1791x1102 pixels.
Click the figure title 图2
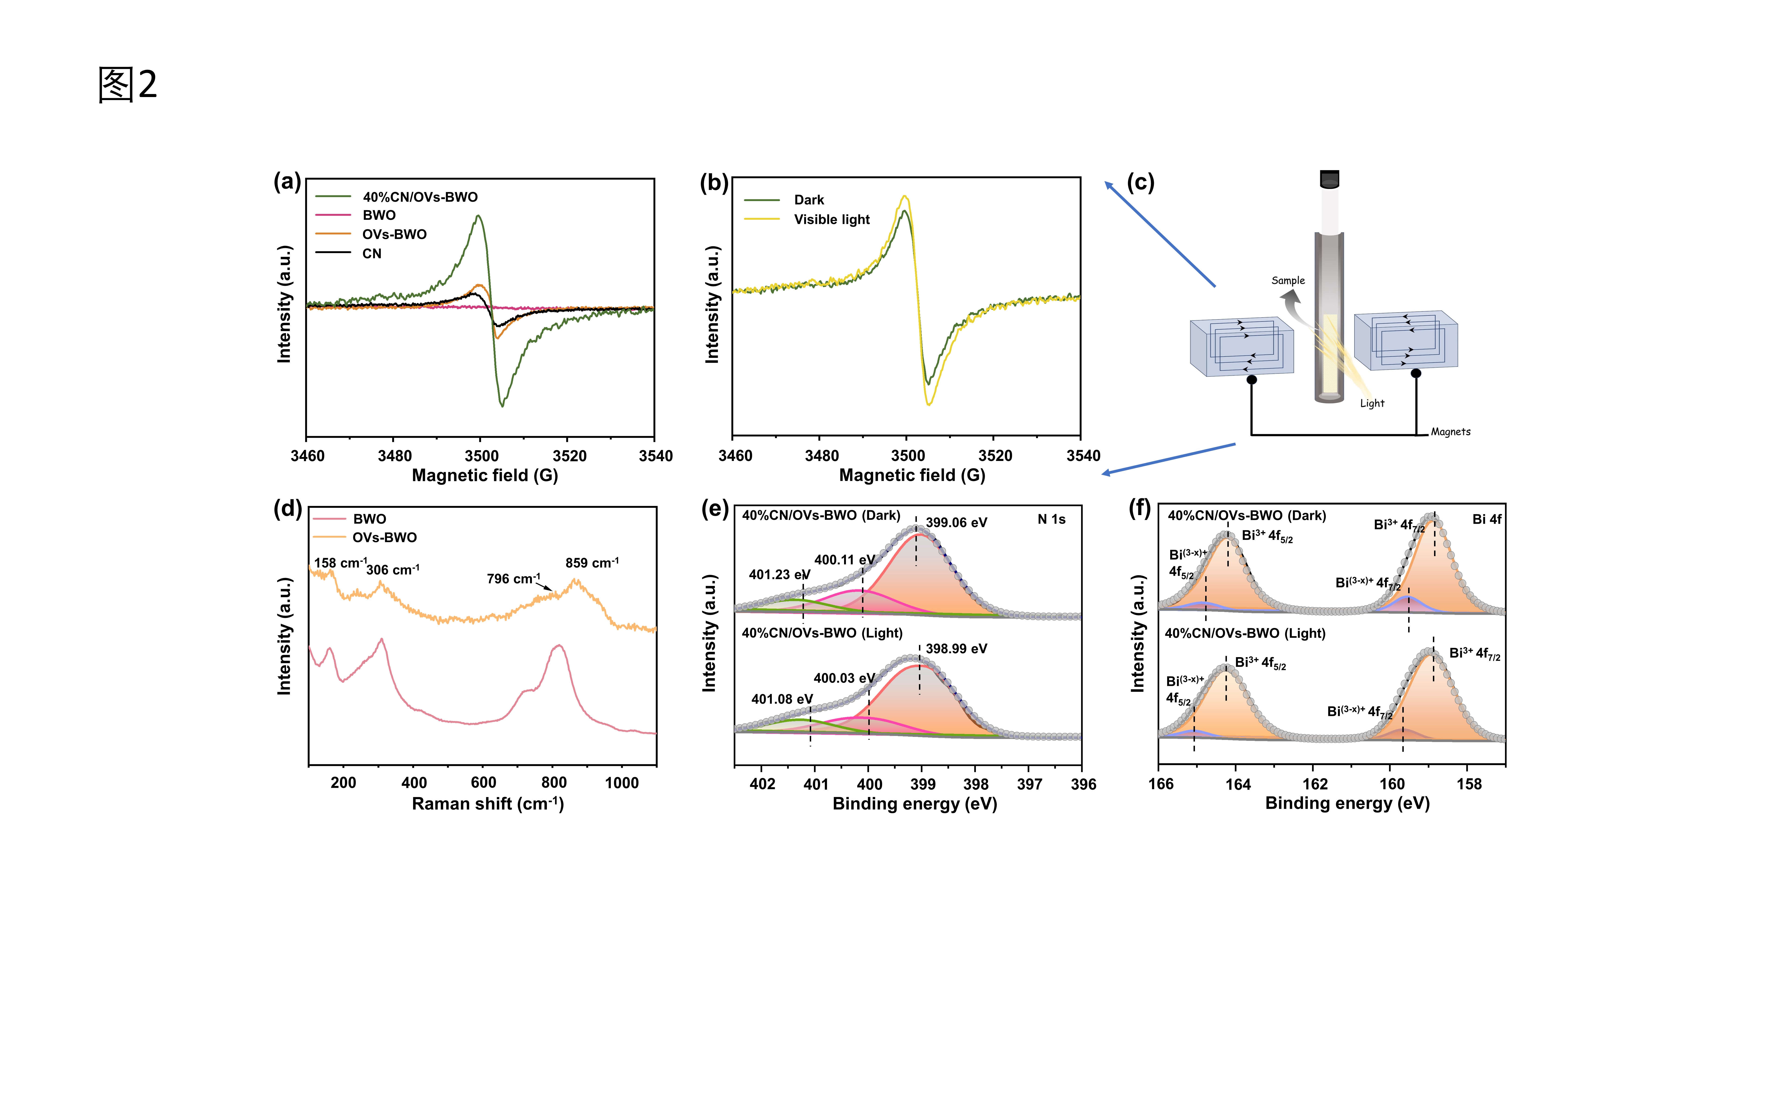128,84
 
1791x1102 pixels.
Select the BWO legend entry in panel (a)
379,215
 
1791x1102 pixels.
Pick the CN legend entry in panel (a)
372,254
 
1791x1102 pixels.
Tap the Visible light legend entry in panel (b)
832,219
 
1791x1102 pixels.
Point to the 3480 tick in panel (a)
394,456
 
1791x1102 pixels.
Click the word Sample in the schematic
1288,281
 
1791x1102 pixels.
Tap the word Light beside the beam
1372,403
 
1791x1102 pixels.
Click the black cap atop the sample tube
1330,178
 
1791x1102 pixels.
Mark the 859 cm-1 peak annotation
592,563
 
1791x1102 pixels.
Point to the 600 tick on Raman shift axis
483,783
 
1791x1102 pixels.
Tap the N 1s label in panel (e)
1051,519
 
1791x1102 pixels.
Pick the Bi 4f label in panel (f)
1486,519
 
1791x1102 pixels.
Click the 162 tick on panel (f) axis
1315,784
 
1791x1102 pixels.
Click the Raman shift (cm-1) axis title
488,804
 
